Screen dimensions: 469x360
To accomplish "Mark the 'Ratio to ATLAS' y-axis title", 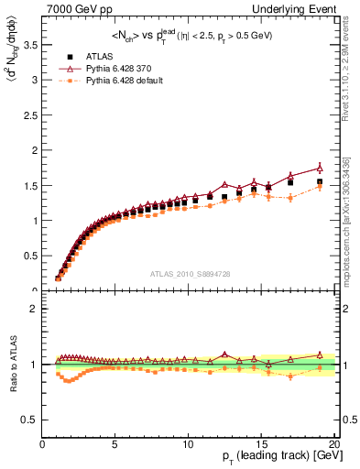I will pos(12,364).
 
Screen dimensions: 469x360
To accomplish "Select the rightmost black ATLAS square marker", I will pos(320,181).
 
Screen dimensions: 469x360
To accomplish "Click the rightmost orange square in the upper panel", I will pos(320,187).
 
